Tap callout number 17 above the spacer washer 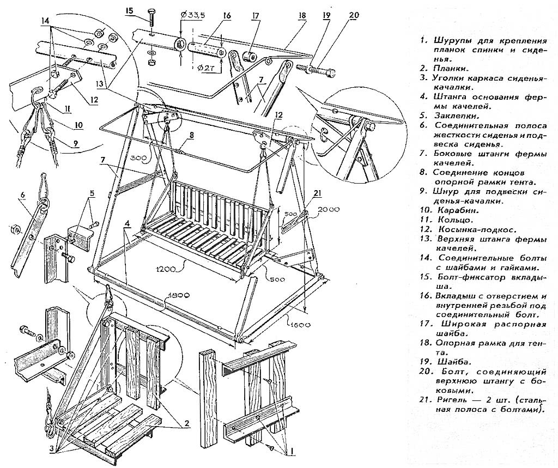pyautogui.click(x=254, y=16)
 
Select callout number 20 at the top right pyautogui.click(x=353, y=15)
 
